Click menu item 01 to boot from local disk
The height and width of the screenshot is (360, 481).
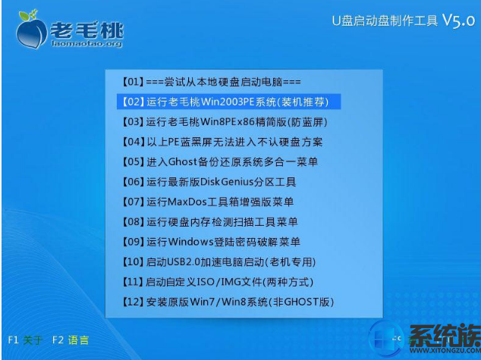tap(212, 82)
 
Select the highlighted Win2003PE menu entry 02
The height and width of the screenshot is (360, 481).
tap(228, 102)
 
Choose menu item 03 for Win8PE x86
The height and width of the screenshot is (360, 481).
tap(225, 122)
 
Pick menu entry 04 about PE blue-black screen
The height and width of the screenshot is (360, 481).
tap(222, 142)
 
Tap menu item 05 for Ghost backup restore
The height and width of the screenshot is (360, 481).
tap(220, 161)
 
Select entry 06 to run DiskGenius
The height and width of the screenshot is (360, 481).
tap(209, 182)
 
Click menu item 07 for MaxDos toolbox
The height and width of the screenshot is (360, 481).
tap(208, 202)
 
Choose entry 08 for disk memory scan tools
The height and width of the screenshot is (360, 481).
tap(210, 222)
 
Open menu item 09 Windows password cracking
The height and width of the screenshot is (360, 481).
tap(211, 242)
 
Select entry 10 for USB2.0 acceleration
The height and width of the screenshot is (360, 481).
tap(218, 262)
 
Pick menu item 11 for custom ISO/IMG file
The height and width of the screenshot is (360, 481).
tap(218, 282)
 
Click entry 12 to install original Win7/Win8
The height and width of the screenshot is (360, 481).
tap(228, 302)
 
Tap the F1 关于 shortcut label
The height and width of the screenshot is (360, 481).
tap(25, 340)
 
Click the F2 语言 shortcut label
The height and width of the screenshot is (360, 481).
tap(71, 340)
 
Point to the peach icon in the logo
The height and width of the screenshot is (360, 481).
tap(30, 30)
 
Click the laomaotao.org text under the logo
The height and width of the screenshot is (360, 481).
tap(86, 43)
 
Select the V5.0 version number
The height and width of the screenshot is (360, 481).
tap(458, 20)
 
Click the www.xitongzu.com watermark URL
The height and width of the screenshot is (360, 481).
tap(445, 350)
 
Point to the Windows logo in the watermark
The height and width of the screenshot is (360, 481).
tap(386, 340)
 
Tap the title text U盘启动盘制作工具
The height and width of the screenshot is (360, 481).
tap(385, 20)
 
